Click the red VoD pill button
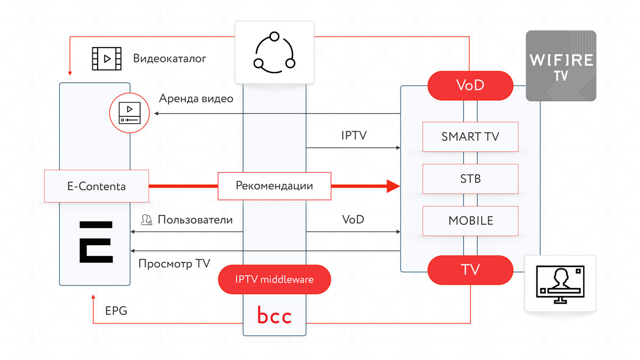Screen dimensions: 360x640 tap(470, 85)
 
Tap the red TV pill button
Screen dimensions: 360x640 tap(470, 270)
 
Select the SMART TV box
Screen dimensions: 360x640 tap(470, 137)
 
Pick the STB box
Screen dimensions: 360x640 tap(470, 178)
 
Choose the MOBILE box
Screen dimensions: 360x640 tap(470, 220)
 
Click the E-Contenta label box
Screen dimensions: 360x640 tap(96, 186)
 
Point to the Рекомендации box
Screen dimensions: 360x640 tap(274, 186)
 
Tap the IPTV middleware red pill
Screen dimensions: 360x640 tap(274, 279)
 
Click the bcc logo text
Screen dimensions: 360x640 tap(274, 316)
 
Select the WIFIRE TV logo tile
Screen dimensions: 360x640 tap(561, 66)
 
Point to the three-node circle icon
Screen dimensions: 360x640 tap(274, 52)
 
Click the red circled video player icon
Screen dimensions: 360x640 tap(130, 113)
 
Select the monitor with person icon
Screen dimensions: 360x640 tap(561, 283)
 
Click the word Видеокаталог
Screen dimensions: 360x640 tap(170, 58)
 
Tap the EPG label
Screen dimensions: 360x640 tap(116, 311)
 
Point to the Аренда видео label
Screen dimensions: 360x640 tap(196, 99)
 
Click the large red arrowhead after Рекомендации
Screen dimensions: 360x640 tap(393, 186)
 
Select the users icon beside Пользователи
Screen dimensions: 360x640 tap(146, 220)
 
